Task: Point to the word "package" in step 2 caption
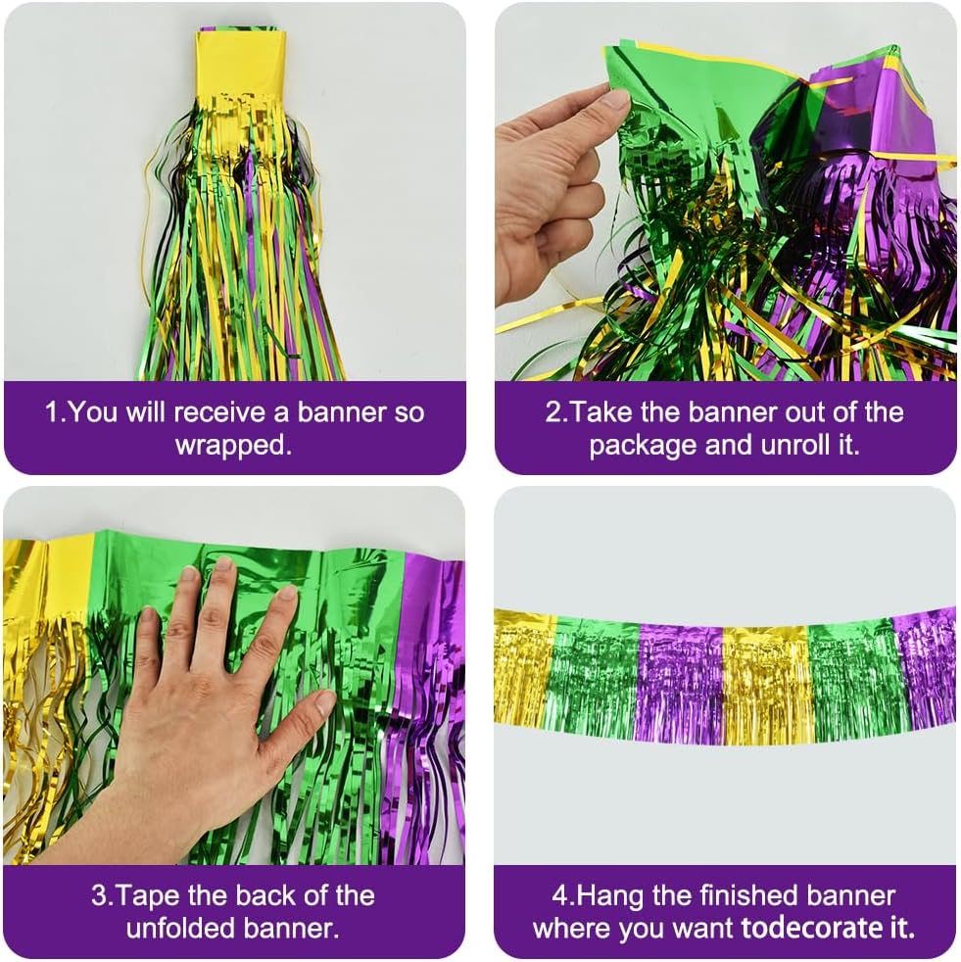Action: pyautogui.click(x=647, y=445)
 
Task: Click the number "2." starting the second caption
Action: pyautogui.click(x=556, y=411)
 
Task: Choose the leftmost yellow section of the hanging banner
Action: pyautogui.click(x=523, y=666)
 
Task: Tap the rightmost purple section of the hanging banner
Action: pyautogui.click(x=925, y=666)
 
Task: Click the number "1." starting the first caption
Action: pyautogui.click(x=57, y=411)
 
